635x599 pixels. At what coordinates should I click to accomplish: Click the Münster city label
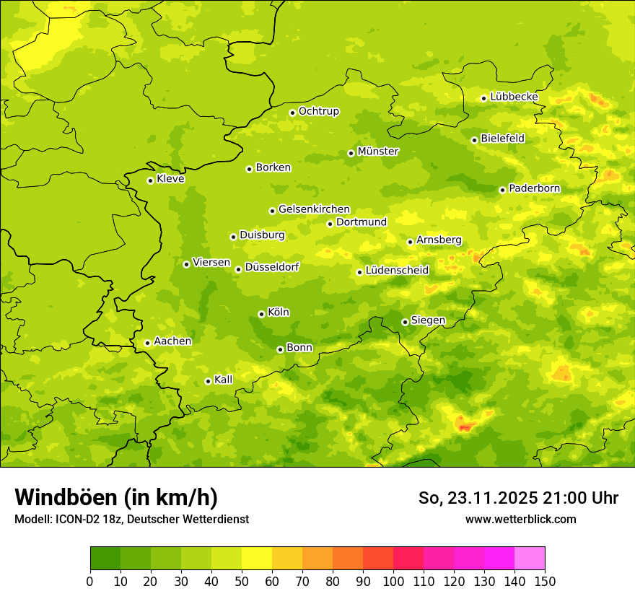click(x=378, y=152)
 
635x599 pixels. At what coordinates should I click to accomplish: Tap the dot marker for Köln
click(x=261, y=314)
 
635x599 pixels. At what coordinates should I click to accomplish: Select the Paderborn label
click(x=534, y=188)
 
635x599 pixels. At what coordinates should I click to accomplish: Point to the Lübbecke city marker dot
click(x=483, y=98)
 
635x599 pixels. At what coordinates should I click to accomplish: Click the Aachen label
click(x=172, y=341)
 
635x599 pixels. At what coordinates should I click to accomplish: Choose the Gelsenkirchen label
click(x=314, y=209)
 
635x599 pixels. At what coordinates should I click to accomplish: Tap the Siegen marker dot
click(x=405, y=322)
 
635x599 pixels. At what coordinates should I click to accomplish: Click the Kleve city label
click(x=170, y=179)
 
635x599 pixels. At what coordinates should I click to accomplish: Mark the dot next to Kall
click(x=208, y=381)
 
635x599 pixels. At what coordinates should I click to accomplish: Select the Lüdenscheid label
click(x=397, y=271)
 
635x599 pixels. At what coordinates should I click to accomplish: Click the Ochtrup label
click(x=318, y=111)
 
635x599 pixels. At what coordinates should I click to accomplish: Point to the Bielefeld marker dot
click(x=474, y=140)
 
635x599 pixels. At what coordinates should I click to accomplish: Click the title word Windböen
click(x=63, y=498)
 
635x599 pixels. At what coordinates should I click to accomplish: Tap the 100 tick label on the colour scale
click(x=393, y=581)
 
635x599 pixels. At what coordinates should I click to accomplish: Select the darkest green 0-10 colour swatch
click(x=105, y=559)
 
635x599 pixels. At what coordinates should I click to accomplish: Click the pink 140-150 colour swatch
click(x=530, y=559)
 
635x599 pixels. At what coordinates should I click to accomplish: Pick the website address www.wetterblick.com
click(x=520, y=519)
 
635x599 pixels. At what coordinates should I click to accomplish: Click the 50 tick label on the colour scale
click(x=242, y=581)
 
